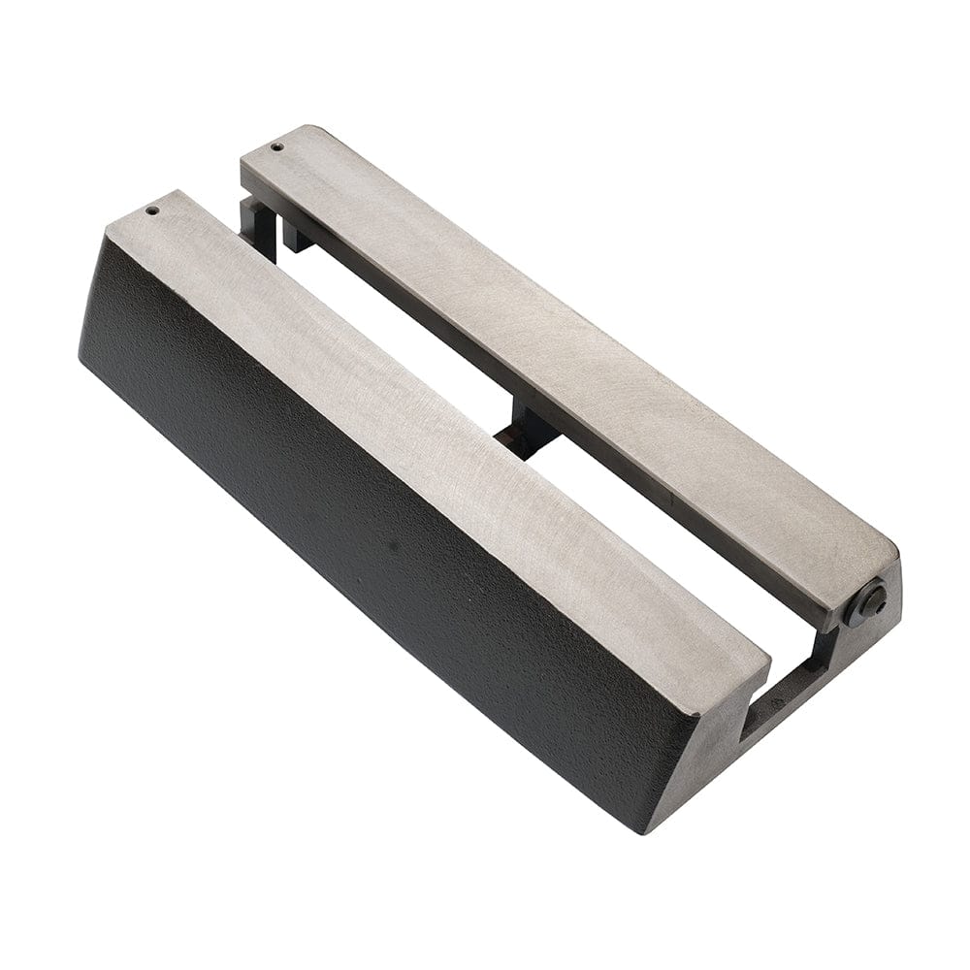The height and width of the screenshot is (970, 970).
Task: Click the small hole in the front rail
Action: coord(152,209)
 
